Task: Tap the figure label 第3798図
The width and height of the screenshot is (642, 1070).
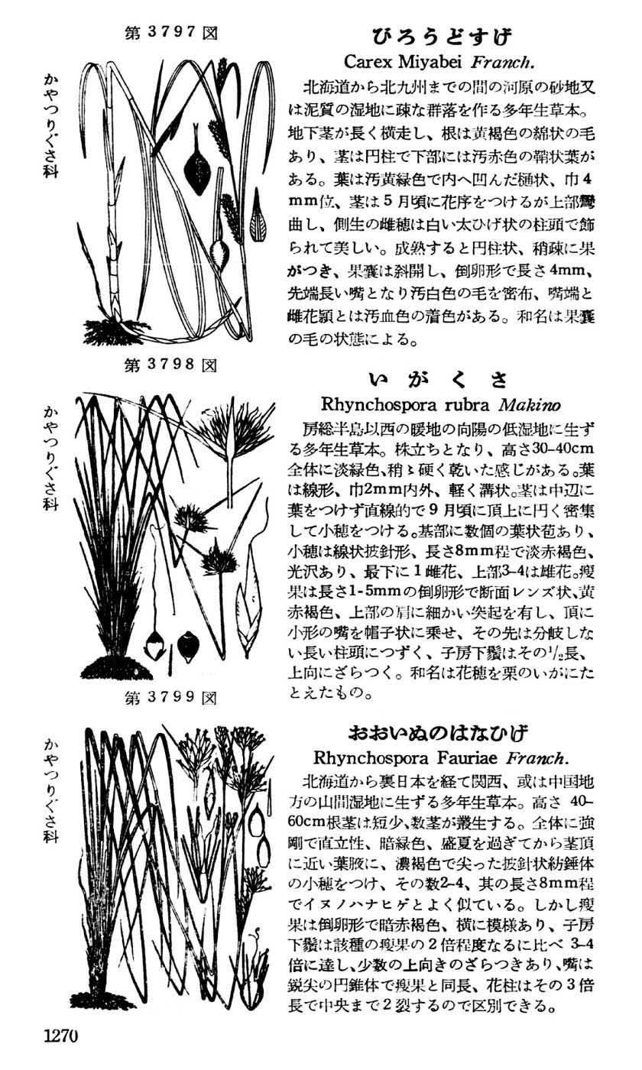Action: pyautogui.click(x=170, y=365)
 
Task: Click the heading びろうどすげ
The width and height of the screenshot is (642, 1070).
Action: pyautogui.click(x=442, y=36)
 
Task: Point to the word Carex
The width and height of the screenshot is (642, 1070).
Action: pyautogui.click(x=370, y=60)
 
